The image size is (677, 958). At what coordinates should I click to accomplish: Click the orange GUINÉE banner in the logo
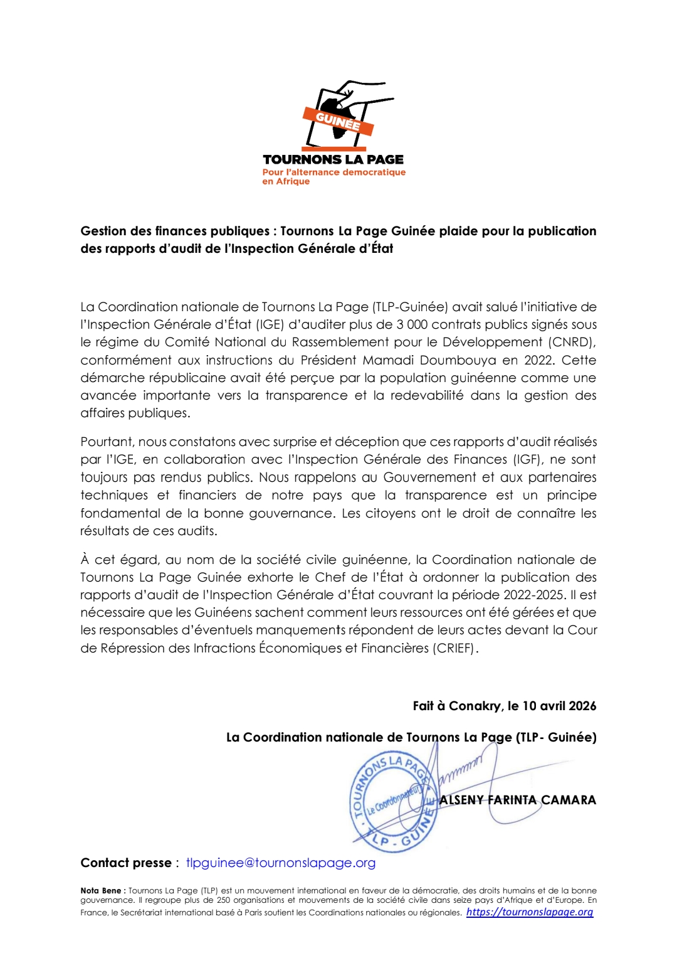point(338,120)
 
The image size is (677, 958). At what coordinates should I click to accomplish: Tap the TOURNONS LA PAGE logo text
point(333,159)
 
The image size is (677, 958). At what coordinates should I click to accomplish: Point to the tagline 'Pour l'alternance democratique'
point(333,172)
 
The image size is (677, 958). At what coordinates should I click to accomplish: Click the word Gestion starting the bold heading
point(103,231)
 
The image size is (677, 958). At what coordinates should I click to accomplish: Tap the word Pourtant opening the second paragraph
point(107,442)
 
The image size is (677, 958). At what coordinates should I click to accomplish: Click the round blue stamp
point(392,804)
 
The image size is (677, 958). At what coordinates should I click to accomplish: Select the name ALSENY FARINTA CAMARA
point(518,800)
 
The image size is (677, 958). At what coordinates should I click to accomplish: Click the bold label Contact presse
point(126,863)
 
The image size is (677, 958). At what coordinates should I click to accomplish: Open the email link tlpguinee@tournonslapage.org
point(281,863)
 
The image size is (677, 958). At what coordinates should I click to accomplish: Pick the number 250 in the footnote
point(223,900)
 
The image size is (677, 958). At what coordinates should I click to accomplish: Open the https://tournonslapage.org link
point(530,912)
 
